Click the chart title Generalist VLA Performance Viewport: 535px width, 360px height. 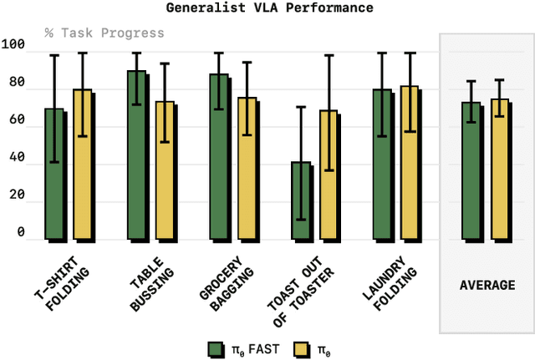[x=269, y=8]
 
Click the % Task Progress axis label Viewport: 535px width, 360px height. [x=104, y=33]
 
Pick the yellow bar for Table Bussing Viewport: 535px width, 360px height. [x=165, y=170]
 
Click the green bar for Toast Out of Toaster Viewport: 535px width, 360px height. [x=301, y=200]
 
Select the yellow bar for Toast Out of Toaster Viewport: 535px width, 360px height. [x=329, y=175]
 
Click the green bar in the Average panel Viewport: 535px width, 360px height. [x=471, y=171]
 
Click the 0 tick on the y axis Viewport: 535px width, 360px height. [x=21, y=233]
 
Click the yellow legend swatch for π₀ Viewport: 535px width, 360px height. [x=302, y=348]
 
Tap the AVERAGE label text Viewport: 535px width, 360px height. [x=487, y=286]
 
